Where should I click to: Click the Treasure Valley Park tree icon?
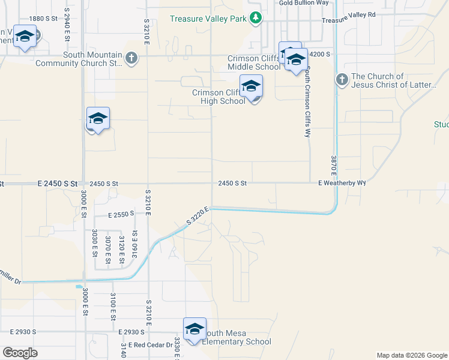(256, 18)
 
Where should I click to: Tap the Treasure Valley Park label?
(208, 19)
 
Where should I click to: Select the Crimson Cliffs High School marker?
(251, 87)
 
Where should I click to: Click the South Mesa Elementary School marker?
(194, 329)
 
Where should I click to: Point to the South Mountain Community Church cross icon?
(131, 58)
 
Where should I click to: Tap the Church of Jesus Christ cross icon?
(342, 80)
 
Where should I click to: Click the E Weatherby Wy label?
(342, 182)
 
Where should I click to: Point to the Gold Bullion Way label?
(304, 3)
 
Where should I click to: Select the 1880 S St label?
(43, 19)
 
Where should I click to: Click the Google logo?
(20, 353)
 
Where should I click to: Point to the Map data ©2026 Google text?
(411, 355)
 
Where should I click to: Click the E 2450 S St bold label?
(58, 183)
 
